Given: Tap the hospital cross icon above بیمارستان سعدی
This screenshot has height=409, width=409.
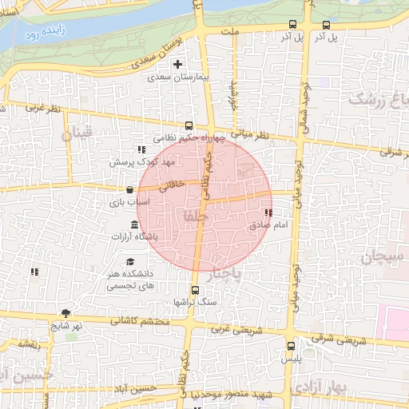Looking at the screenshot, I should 178,65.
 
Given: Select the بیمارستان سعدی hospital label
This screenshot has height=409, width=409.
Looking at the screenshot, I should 178,78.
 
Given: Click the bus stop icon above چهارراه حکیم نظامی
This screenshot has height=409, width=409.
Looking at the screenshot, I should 189,125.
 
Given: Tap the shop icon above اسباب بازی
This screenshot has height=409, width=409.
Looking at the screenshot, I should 129,190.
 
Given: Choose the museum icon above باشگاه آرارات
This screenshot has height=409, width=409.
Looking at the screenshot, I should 134,224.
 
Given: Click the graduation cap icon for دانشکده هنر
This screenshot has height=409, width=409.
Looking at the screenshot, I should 130,262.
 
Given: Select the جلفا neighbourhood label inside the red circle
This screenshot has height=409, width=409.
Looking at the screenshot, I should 195,216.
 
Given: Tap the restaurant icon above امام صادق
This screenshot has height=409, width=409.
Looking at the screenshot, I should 268,213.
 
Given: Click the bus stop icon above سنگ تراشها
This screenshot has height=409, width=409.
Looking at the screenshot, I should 194,290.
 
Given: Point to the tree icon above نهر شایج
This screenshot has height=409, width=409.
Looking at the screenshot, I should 65,313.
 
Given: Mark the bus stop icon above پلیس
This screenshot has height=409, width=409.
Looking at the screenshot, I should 292,347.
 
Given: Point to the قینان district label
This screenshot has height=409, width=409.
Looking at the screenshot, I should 81,133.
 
